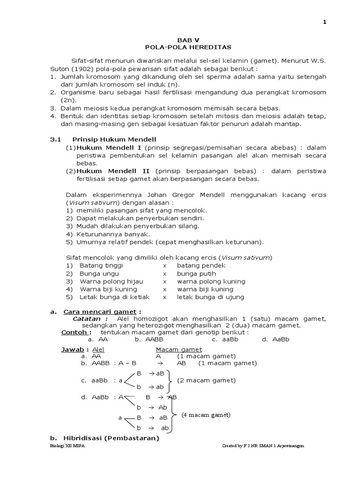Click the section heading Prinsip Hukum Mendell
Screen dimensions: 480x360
tap(113, 140)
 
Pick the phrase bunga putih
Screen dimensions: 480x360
tap(195, 273)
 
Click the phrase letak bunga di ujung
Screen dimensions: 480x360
tap(210, 297)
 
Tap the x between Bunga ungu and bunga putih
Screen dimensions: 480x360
tap(165, 273)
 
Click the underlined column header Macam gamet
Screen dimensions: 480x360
tap(179, 349)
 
